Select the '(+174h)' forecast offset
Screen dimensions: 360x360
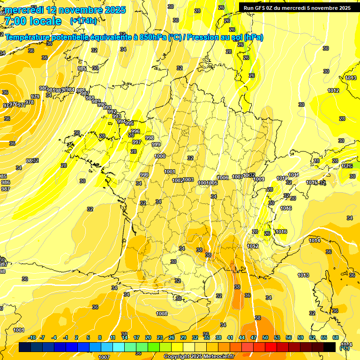click(x=83, y=21)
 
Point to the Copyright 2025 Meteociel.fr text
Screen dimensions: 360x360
click(x=199, y=356)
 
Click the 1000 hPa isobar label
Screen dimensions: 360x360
click(x=160, y=156)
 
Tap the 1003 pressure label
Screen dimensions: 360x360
click(x=188, y=180)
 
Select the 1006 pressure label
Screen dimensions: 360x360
click(x=223, y=178)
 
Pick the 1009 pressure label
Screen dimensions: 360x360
click(x=259, y=180)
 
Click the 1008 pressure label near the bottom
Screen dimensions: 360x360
click(x=162, y=314)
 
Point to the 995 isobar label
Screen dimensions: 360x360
click(x=129, y=123)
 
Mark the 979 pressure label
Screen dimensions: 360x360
click(x=35, y=97)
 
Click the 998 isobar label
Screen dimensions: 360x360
click(x=150, y=138)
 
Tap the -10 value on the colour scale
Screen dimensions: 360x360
click(x=32, y=337)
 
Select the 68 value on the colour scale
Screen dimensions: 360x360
click(x=336, y=337)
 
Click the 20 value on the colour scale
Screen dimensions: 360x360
click(x=148, y=337)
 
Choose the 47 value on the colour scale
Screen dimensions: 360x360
click(x=254, y=337)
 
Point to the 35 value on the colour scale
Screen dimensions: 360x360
click(x=207, y=337)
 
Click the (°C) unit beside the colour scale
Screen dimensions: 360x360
click(x=344, y=348)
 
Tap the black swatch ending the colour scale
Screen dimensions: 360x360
click(x=330, y=347)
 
